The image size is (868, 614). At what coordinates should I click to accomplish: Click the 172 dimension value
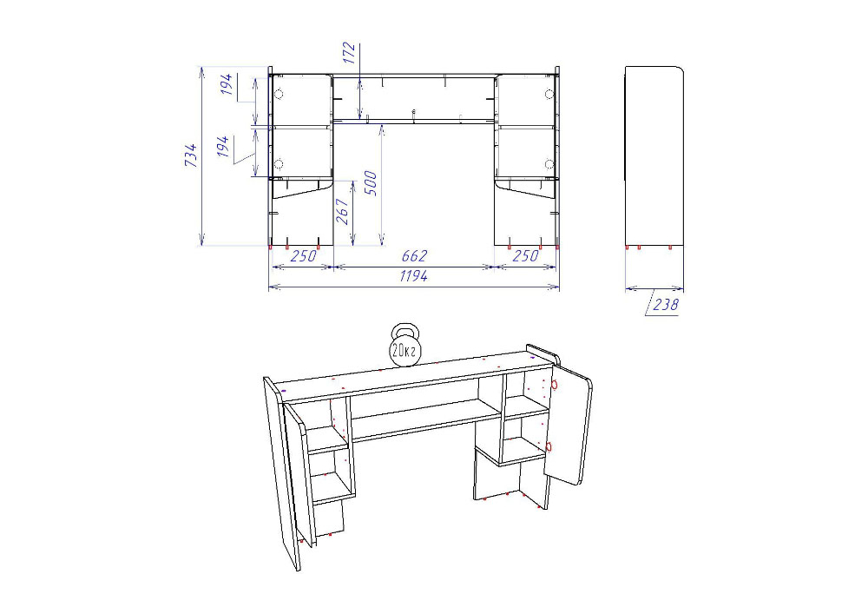click(348, 53)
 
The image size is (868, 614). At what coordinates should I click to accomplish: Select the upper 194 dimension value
click(227, 84)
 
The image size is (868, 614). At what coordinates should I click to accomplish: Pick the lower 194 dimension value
click(223, 147)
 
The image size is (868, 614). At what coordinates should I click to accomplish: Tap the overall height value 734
click(190, 155)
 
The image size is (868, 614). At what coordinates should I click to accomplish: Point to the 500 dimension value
click(371, 183)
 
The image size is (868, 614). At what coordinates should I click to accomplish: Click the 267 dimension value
click(343, 212)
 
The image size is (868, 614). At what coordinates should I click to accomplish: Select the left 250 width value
click(303, 256)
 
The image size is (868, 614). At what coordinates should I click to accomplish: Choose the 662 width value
click(414, 256)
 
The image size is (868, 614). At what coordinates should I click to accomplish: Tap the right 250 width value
click(525, 256)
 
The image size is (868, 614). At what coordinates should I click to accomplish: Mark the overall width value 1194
click(413, 275)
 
